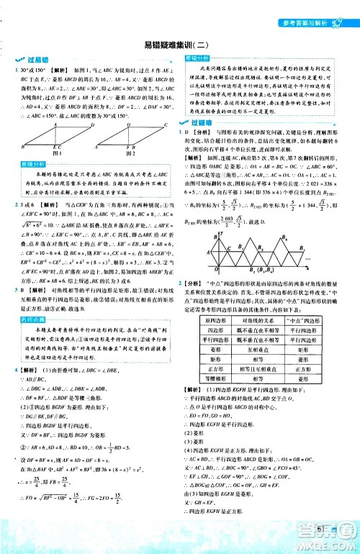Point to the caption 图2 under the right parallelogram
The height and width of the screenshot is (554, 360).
tap(129, 153)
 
